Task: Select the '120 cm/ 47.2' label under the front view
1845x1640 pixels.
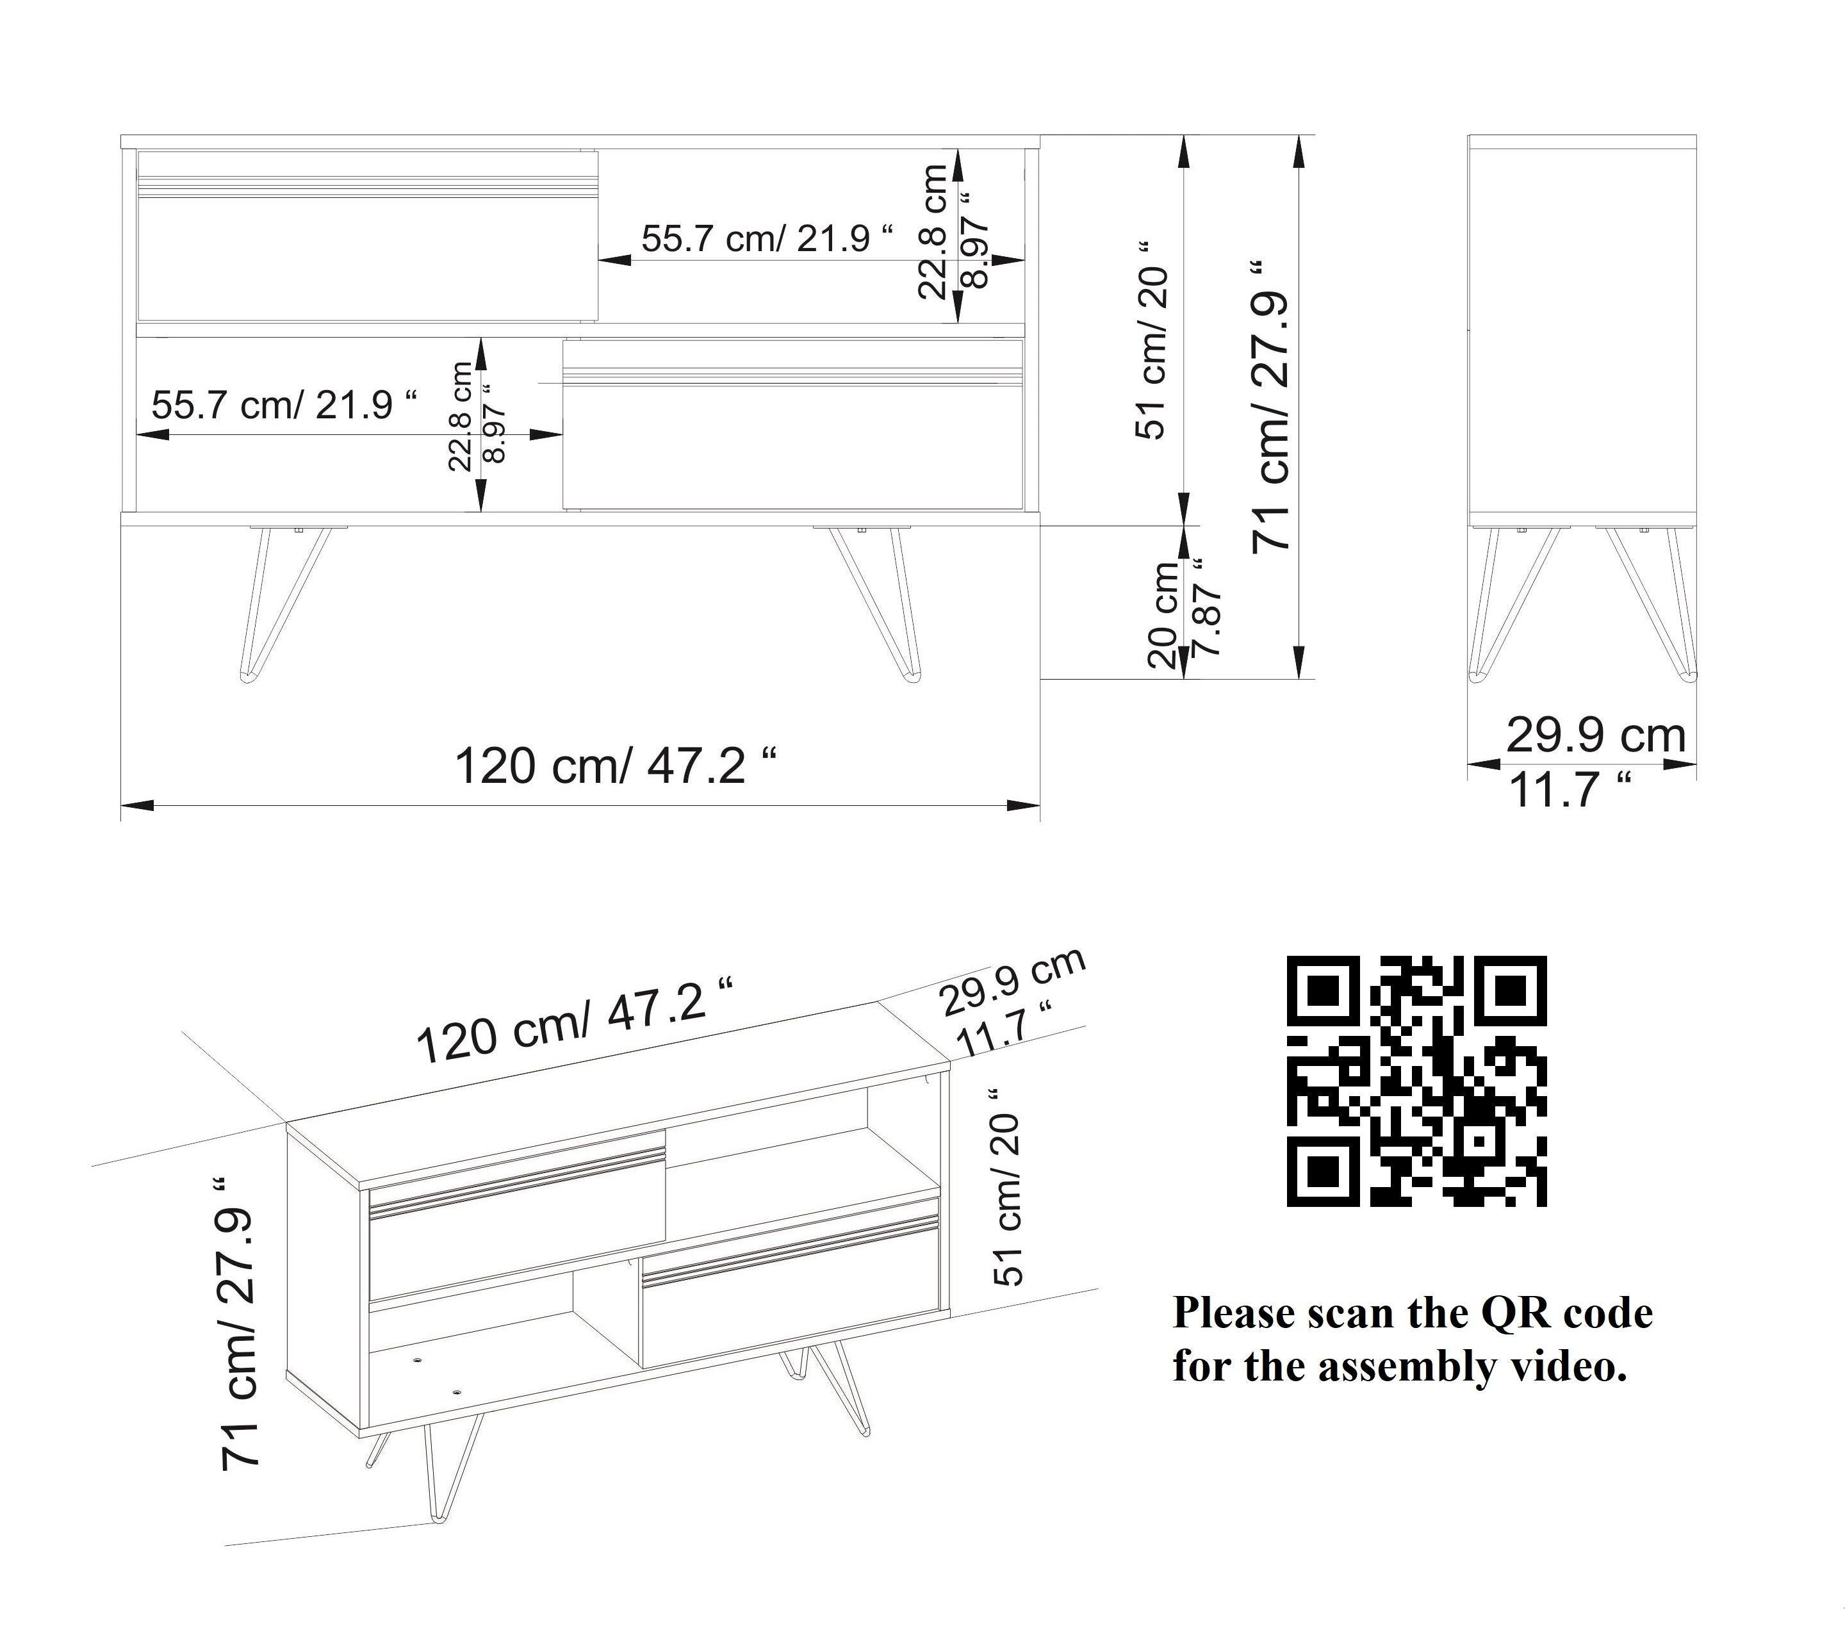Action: [614, 766]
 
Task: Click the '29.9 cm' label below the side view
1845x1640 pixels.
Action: [1596, 735]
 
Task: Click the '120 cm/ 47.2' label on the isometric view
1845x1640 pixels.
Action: [573, 1020]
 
